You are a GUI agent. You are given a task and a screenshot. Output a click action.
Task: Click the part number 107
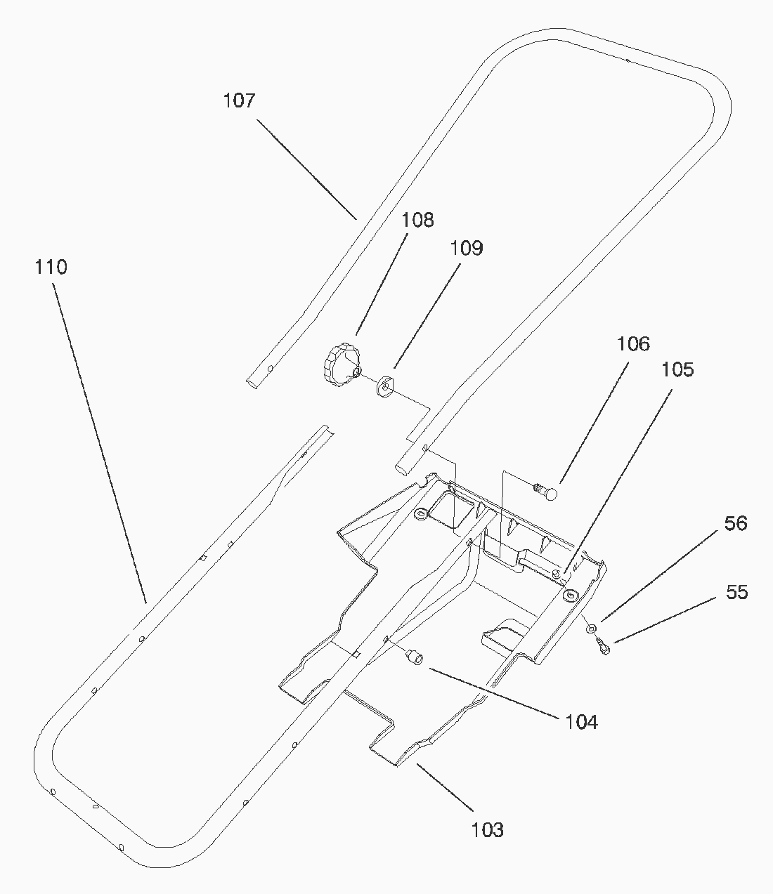(239, 100)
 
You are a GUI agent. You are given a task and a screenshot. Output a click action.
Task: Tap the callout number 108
(418, 220)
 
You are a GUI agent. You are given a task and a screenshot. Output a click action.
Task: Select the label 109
(467, 248)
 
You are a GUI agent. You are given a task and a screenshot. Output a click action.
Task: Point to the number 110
(51, 267)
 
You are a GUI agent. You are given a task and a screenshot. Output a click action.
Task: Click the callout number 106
(633, 343)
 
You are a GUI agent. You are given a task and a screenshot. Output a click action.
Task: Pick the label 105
(677, 369)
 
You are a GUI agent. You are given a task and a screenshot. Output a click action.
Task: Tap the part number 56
(736, 523)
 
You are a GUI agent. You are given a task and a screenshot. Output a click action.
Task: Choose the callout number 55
(736, 592)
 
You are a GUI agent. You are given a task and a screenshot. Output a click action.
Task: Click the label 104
(581, 721)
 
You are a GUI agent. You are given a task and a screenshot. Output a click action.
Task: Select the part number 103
(488, 829)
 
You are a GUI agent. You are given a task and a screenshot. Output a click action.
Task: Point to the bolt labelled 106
(546, 490)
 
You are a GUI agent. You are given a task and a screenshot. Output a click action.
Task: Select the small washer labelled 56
(592, 627)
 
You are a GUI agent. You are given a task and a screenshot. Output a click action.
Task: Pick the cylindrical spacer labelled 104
(414, 657)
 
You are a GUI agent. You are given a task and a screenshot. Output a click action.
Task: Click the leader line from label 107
(306, 169)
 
